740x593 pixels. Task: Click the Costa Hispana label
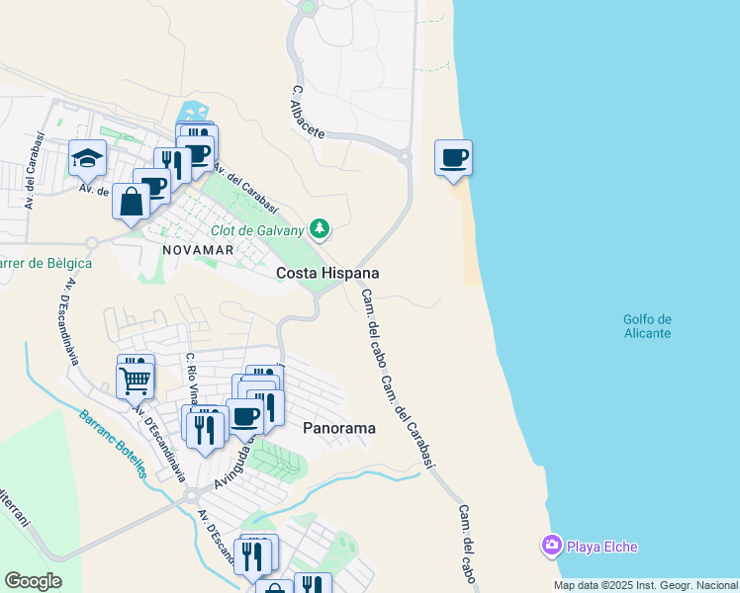click(327, 273)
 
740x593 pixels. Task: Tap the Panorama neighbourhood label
click(338, 428)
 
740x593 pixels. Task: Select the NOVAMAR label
click(198, 250)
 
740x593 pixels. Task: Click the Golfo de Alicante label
click(647, 326)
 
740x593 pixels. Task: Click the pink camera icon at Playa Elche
click(551, 546)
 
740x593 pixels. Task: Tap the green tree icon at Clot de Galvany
click(319, 229)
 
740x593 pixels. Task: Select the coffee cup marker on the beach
click(453, 158)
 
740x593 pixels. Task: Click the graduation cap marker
click(87, 157)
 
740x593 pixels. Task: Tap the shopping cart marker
click(135, 378)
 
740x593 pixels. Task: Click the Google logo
click(34, 581)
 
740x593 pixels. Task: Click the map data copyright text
click(645, 585)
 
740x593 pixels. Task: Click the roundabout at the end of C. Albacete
click(404, 154)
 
